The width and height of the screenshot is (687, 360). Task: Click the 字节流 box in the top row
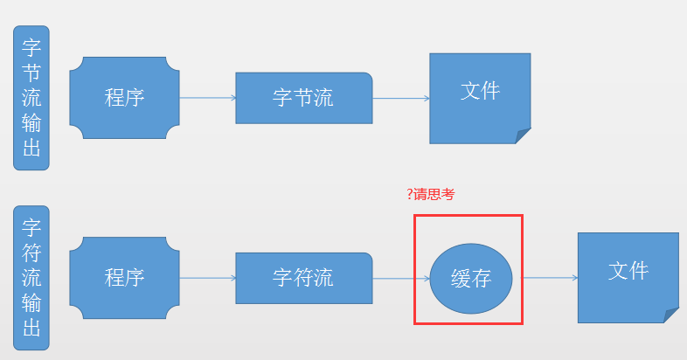304,98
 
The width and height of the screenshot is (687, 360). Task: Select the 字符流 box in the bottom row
304,278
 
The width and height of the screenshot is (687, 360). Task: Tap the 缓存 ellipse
470,279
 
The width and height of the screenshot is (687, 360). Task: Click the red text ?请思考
431,195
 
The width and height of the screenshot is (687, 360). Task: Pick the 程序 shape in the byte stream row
124,98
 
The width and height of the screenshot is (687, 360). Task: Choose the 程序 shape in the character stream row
124,278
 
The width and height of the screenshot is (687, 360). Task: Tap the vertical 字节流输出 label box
31,97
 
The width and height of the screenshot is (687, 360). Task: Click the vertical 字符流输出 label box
31,278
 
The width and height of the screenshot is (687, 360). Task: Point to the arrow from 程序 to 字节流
207,98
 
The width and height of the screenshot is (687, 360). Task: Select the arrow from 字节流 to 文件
401,98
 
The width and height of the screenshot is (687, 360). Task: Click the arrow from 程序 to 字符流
207,278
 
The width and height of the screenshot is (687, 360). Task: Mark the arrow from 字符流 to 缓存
401,278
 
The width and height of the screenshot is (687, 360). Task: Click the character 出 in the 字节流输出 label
31,149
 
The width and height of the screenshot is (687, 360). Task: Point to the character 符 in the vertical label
31,253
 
